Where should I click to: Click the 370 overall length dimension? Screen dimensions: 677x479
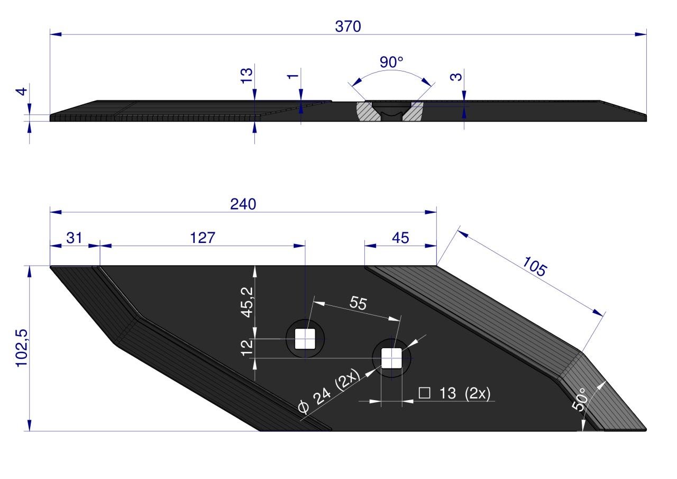(348, 26)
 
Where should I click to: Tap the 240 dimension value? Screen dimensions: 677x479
(243, 204)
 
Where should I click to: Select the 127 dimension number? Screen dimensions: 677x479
(203, 238)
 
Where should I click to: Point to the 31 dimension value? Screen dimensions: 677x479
(74, 238)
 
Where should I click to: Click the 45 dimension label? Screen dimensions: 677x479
(400, 238)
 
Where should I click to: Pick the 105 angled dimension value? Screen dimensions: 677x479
(534, 266)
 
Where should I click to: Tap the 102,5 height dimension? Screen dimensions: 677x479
(22, 348)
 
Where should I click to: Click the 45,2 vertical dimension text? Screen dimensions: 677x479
(247, 302)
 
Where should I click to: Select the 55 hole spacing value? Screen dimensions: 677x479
(358, 303)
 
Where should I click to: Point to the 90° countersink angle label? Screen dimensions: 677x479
(391, 62)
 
